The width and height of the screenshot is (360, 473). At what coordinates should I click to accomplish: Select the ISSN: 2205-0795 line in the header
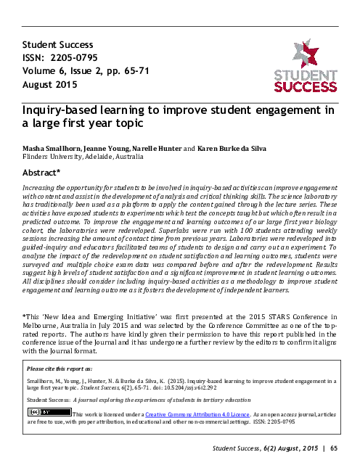point(59,57)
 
